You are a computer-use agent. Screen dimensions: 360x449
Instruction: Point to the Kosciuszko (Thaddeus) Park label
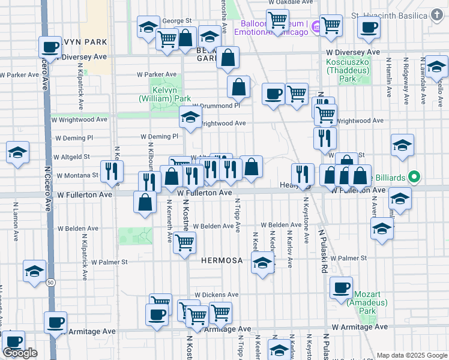tap(348, 70)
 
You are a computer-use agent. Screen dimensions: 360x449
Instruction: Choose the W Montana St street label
tap(78, 175)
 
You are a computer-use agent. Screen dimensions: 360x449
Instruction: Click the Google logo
tap(20, 353)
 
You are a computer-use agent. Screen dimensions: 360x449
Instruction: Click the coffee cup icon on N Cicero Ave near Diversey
tap(50, 46)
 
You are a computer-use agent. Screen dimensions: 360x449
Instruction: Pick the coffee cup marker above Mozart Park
tap(342, 287)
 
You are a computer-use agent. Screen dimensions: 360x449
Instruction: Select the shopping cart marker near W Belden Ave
tap(184, 242)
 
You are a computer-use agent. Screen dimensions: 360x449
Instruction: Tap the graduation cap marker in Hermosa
tap(262, 262)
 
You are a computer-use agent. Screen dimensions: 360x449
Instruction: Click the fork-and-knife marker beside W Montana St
tap(112, 171)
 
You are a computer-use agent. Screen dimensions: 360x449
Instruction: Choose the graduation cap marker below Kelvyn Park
tap(190, 117)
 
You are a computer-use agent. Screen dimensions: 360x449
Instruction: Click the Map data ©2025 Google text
tap(412, 355)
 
